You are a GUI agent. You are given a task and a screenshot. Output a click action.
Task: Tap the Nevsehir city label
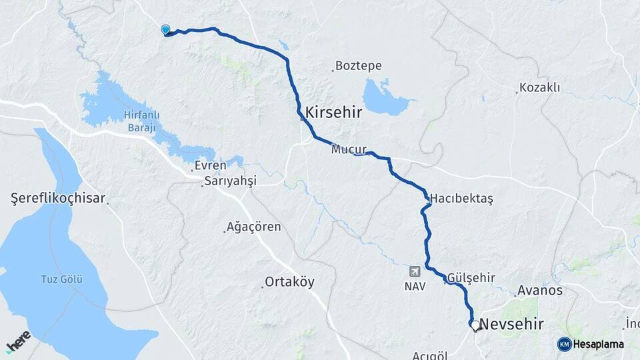511,325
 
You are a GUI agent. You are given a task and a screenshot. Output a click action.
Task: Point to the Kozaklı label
540,88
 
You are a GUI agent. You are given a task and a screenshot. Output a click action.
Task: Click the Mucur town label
346,151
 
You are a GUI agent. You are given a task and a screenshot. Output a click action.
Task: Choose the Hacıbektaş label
461,199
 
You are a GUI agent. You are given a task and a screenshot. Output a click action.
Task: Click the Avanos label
540,291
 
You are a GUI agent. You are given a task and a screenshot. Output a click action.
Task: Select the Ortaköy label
289,282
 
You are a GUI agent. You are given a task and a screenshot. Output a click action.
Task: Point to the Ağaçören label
254,227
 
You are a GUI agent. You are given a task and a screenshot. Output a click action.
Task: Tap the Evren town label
211,165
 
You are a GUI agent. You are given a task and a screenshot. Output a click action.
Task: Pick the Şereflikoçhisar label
59,198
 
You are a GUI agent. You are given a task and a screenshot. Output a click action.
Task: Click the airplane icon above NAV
415,271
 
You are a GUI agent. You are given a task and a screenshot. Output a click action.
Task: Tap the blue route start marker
165,29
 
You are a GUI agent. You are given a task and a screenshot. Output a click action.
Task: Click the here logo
18,343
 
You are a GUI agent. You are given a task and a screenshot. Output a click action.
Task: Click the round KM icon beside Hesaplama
564,344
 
